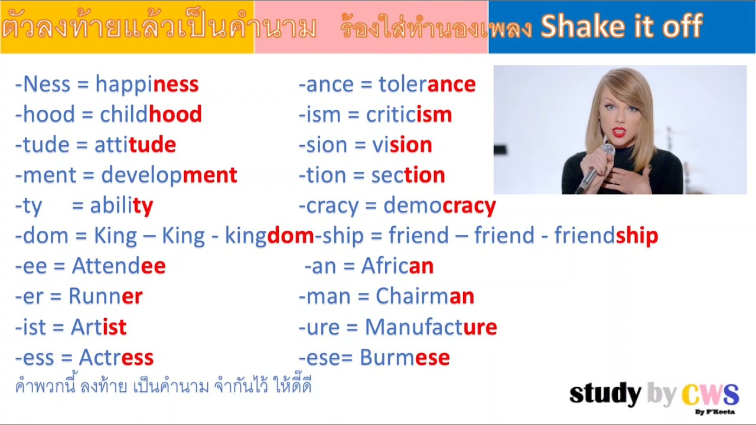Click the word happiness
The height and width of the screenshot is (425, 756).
coord(146,84)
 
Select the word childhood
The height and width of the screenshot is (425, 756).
coord(151,115)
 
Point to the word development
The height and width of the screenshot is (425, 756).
coord(169,175)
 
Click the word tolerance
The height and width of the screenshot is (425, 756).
coord(427,84)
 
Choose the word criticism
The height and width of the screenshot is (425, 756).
coord(409,115)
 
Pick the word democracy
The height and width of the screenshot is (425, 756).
coord(439,206)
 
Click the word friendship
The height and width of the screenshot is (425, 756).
coord(606,236)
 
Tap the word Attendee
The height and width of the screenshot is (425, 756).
coord(119,266)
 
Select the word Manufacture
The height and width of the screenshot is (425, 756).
coord(431,327)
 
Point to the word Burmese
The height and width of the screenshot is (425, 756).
coord(405,358)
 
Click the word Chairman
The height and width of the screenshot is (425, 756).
coord(425,296)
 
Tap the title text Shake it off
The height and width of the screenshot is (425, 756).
coord(621,27)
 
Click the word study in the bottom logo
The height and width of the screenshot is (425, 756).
coord(605,394)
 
